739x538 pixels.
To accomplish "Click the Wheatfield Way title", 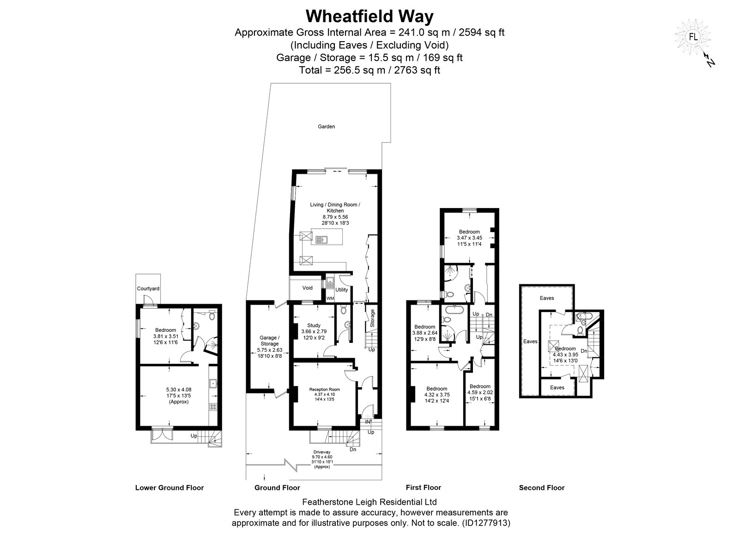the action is pos(369,17).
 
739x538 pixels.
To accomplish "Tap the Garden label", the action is pos(326,127).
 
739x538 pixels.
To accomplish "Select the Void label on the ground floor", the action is pos(308,288).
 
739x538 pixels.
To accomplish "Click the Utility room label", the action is pos(341,290).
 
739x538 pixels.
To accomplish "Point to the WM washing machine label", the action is pos(330,299).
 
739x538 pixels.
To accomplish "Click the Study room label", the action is pos(314,325).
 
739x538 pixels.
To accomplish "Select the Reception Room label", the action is pos(324,390).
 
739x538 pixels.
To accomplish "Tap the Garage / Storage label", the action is pos(270,341).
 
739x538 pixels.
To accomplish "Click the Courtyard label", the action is pos(148,288).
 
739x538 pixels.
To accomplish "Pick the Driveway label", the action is pos(321,452).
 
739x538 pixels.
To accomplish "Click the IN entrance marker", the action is pos(368,422).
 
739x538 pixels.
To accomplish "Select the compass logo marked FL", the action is pos(693,37).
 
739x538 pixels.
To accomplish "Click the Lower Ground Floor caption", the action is pos(170,488).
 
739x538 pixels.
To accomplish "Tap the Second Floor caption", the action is pos(542,488).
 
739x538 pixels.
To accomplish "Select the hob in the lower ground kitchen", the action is pos(213,407).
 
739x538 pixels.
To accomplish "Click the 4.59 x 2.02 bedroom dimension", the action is pos(480,392).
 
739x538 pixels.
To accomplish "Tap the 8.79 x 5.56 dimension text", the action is pos(335,217).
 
